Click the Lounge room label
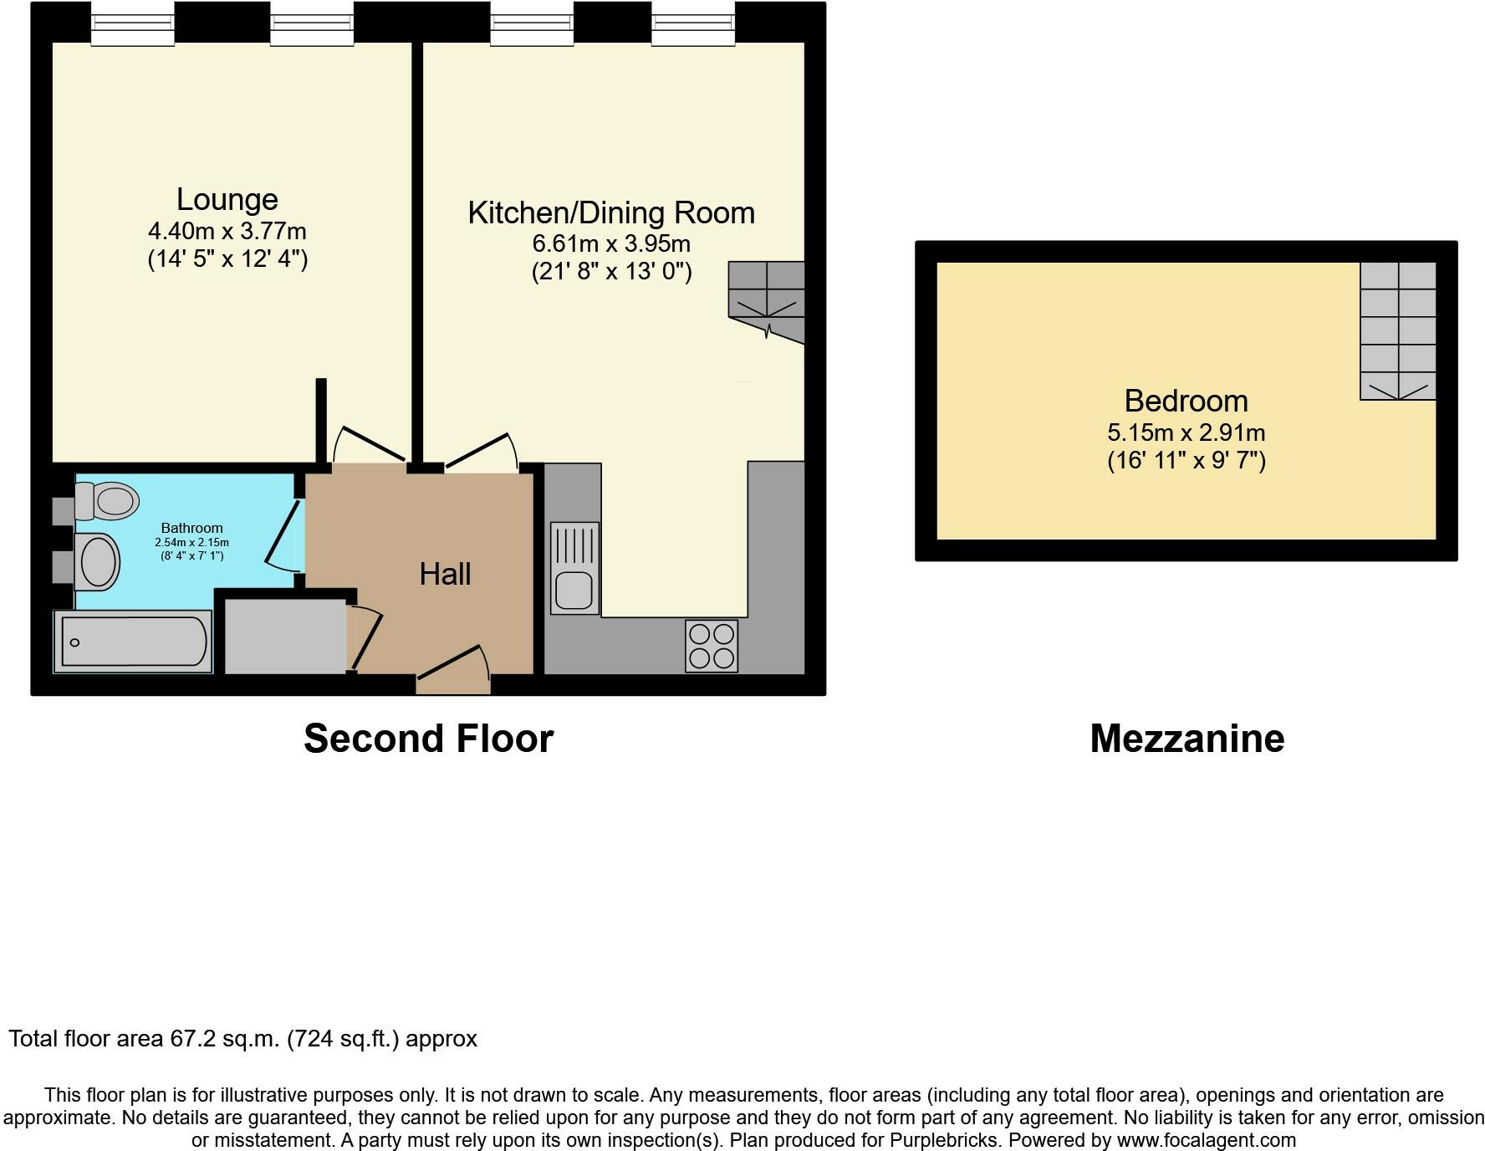pyautogui.click(x=227, y=199)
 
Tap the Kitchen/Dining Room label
pyautogui.click(x=611, y=212)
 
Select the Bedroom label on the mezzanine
pyautogui.click(x=1186, y=401)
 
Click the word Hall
pyautogui.click(x=445, y=574)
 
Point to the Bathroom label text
pyautogui.click(x=191, y=528)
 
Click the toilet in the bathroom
pyautogui.click(x=106, y=501)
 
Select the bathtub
pyautogui.click(x=133, y=642)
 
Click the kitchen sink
pyautogui.click(x=574, y=568)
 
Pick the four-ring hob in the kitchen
pyautogui.click(x=712, y=645)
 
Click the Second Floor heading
pyautogui.click(x=428, y=739)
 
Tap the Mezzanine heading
pyautogui.click(x=1186, y=739)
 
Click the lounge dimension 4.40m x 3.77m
pyautogui.click(x=227, y=231)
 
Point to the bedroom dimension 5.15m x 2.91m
pyautogui.click(x=1186, y=433)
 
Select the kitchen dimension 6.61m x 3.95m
pyautogui.click(x=611, y=244)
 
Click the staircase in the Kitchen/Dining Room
pyautogui.click(x=767, y=302)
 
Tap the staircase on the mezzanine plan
pyautogui.click(x=1398, y=330)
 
